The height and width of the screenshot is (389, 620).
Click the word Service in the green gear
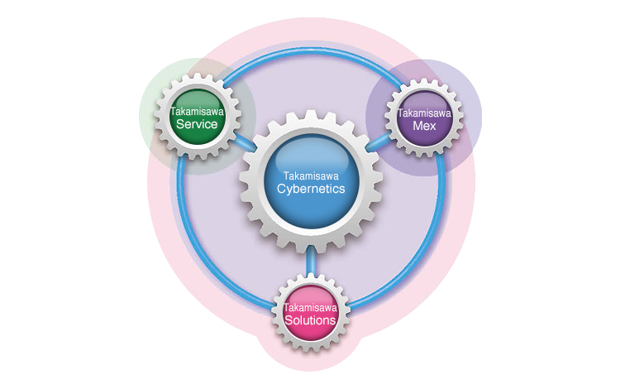click(x=197, y=125)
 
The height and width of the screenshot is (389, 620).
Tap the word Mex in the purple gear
click(x=424, y=126)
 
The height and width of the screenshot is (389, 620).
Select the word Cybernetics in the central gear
click(x=311, y=189)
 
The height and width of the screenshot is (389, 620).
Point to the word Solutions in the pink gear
click(x=310, y=320)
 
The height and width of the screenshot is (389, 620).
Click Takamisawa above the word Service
click(x=196, y=111)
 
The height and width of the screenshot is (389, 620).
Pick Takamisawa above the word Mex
click(x=424, y=113)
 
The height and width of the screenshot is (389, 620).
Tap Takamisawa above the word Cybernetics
click(x=311, y=175)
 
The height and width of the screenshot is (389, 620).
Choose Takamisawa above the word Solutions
click(x=310, y=307)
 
